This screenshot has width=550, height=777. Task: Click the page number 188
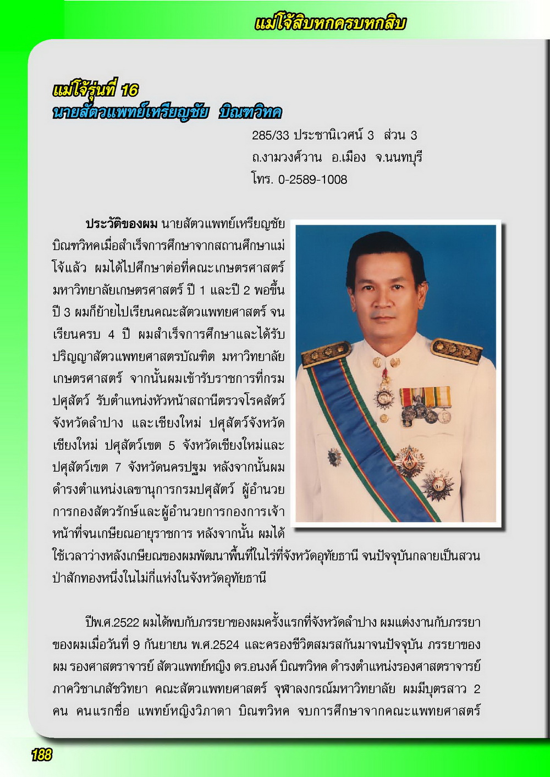tap(41, 755)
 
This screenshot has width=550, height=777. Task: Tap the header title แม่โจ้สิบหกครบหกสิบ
tap(330, 24)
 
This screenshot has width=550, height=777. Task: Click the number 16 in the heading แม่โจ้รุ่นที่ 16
tap(130, 90)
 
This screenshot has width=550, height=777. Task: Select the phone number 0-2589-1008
tap(312, 180)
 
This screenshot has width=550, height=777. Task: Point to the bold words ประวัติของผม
tap(122, 224)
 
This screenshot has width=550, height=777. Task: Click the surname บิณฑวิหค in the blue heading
tap(250, 113)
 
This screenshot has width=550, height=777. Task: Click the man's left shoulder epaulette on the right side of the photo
tap(456, 349)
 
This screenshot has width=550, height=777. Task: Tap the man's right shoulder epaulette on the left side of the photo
tap(326, 353)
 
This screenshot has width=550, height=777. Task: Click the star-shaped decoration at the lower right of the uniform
tap(438, 484)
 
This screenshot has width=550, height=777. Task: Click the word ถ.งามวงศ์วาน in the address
tap(287, 158)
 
